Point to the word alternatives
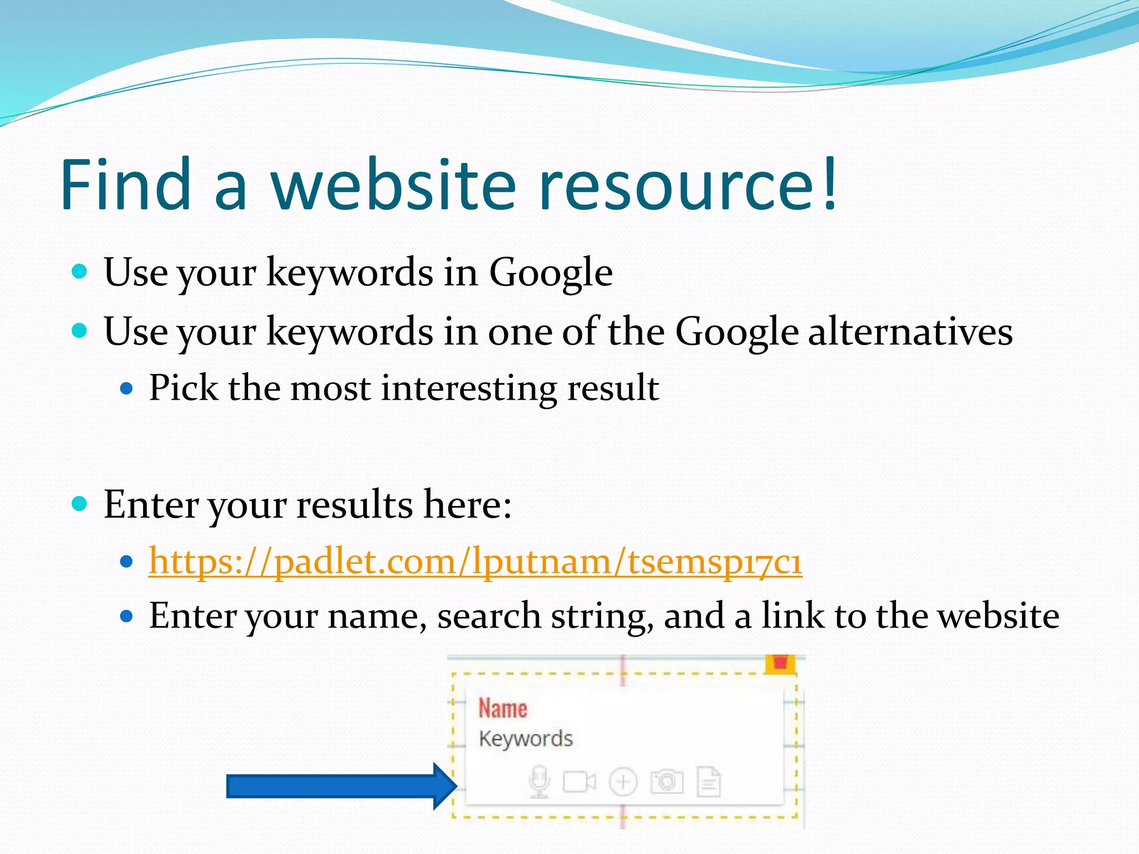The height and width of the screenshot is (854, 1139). pyautogui.click(x=910, y=332)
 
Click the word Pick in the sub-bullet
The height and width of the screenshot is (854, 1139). pyautogui.click(x=184, y=388)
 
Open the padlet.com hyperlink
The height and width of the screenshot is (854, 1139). pyautogui.click(x=476, y=562)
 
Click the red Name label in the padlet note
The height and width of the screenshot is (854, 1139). pyautogui.click(x=503, y=709)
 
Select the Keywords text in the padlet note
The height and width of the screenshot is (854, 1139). pyautogui.click(x=526, y=739)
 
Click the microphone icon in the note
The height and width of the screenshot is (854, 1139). pyautogui.click(x=539, y=782)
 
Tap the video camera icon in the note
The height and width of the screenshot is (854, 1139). pyautogui.click(x=580, y=782)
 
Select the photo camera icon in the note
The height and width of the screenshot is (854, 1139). pyautogui.click(x=666, y=782)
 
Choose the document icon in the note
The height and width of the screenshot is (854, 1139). pyautogui.click(x=709, y=782)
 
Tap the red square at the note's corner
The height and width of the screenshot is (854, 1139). pyautogui.click(x=780, y=663)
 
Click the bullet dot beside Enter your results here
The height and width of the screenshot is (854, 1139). pyautogui.click(x=80, y=504)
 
